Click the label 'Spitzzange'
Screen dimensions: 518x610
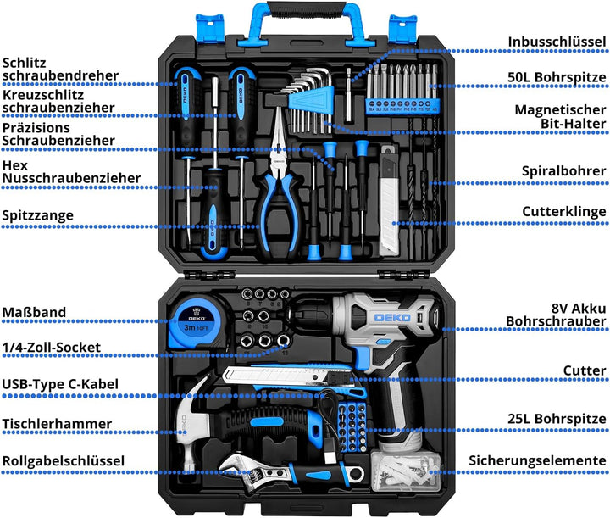(x=38, y=215)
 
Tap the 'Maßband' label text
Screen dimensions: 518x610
(x=34, y=313)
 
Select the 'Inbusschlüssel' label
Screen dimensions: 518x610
(x=557, y=41)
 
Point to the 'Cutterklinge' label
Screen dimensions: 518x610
(x=563, y=210)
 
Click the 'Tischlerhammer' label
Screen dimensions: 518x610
(x=57, y=423)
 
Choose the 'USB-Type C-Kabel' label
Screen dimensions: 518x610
(x=60, y=384)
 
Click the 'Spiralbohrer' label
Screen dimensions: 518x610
(x=565, y=170)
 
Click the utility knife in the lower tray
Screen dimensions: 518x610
(x=280, y=374)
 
